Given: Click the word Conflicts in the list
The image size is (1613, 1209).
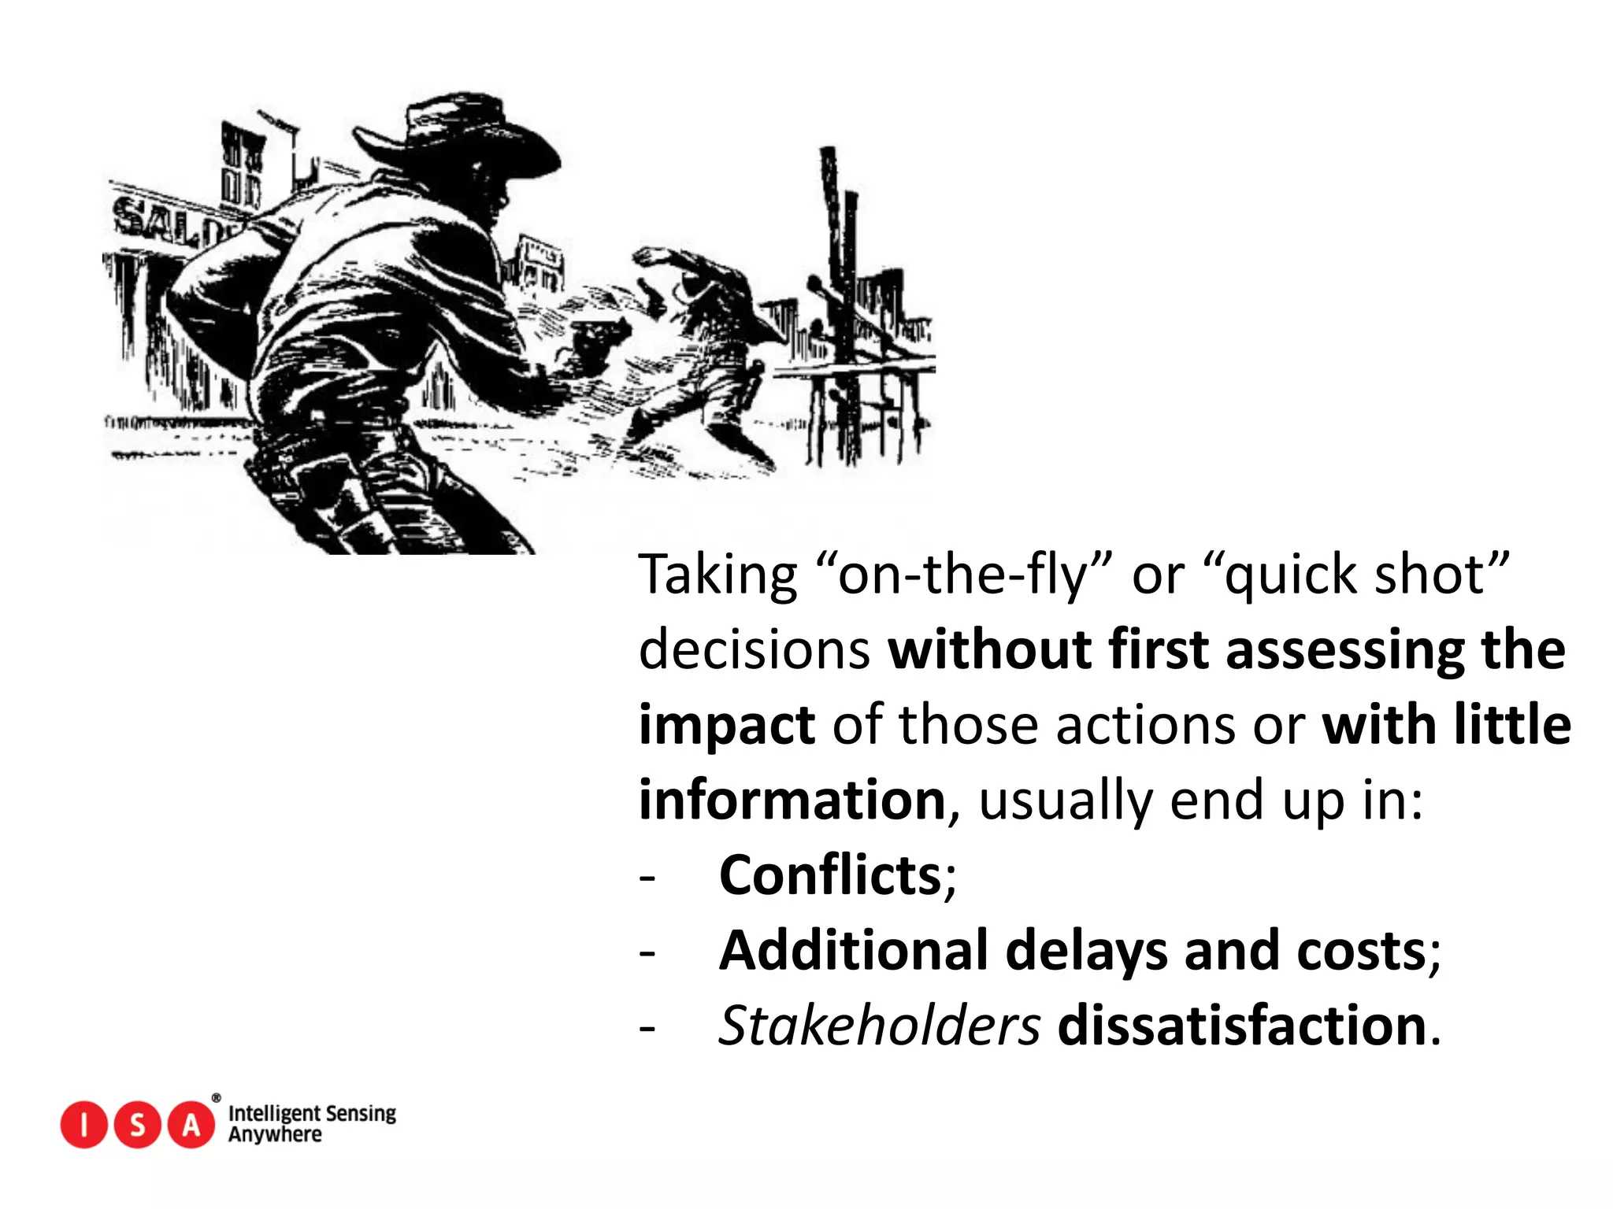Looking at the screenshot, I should (x=830, y=875).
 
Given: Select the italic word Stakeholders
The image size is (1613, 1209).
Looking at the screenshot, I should (x=879, y=1026).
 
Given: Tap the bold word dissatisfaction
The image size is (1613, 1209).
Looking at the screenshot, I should (x=1242, y=1026).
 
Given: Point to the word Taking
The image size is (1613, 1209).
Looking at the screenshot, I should (x=718, y=575).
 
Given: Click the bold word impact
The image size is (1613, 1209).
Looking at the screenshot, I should (x=726, y=726).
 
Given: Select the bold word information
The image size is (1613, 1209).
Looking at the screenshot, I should (x=792, y=800).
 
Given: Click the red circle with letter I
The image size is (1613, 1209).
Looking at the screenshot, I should (x=83, y=1125).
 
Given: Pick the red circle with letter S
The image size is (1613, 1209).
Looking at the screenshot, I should (x=137, y=1125).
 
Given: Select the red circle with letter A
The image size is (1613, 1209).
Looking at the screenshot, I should (x=191, y=1125).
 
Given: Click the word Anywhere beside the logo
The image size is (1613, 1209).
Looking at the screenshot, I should (x=275, y=1135).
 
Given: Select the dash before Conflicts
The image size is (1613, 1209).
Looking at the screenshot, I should (x=647, y=877).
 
